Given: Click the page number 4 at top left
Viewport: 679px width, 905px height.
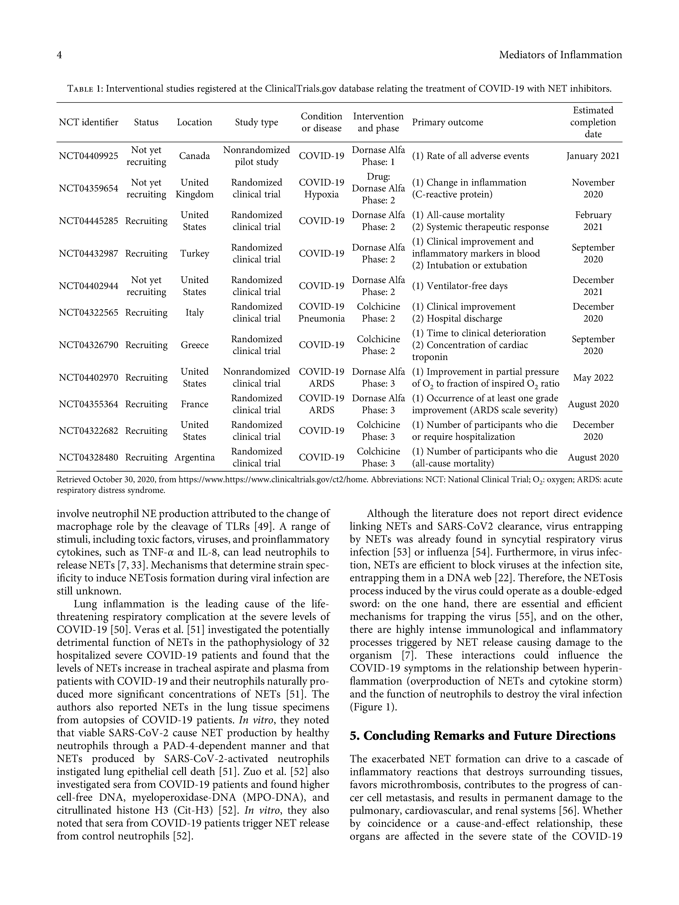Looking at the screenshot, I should coord(59,55).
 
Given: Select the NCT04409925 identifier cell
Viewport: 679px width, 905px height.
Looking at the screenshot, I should coord(88,156).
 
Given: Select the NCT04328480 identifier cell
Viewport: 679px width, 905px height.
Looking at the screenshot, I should coord(88,457).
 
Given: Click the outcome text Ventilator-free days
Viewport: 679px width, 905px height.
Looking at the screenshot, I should coord(467,286).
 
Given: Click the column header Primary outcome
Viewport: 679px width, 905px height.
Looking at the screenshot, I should coord(447,122).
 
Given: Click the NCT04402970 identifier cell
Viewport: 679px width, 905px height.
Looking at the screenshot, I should coord(88,378).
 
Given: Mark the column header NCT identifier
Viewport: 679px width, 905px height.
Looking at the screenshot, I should coord(88,122).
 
